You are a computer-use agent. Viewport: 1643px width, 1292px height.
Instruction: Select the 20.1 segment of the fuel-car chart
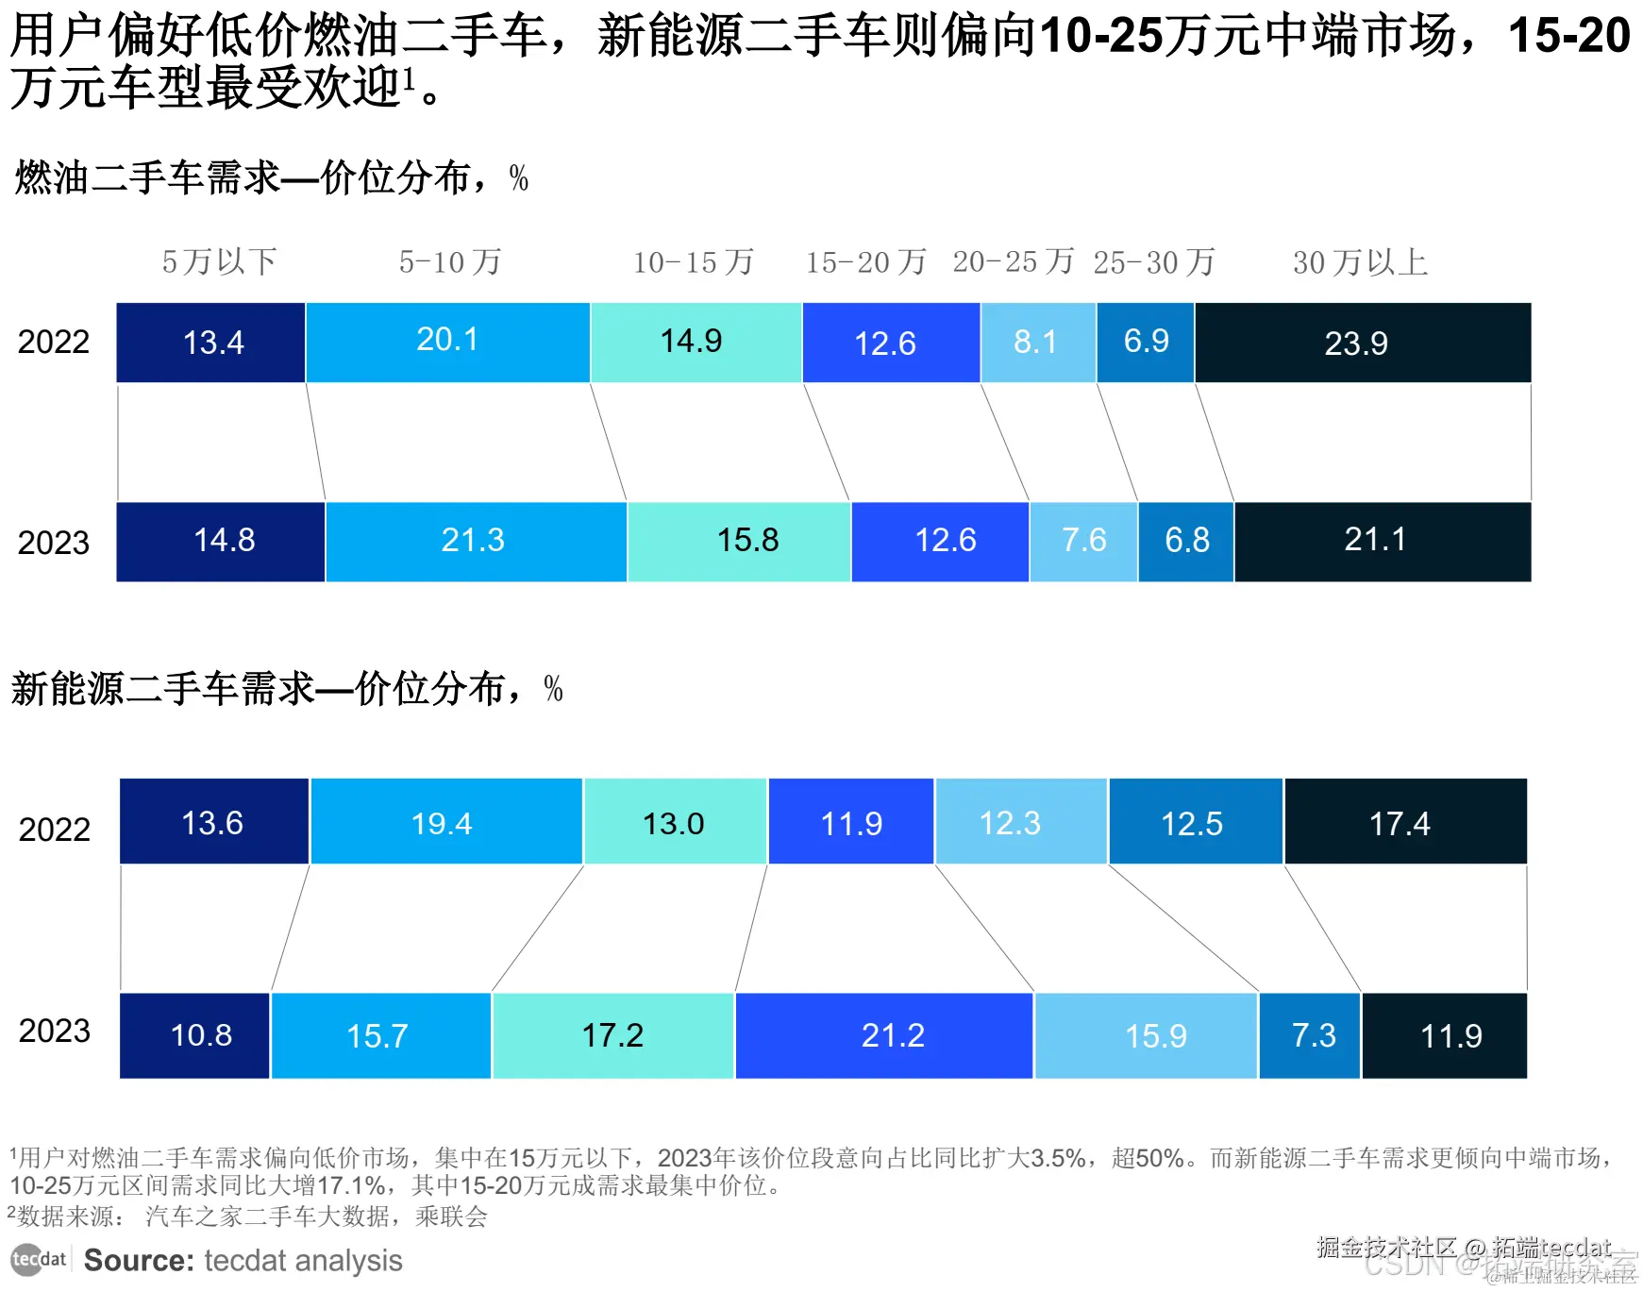(447, 341)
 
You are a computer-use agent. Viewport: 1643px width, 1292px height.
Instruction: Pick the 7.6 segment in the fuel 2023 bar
(1083, 541)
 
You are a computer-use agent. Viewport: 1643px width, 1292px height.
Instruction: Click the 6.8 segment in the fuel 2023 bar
(1186, 541)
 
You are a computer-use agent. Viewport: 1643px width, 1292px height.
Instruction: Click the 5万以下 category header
(219, 261)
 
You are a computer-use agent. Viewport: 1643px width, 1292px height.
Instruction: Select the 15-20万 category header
(865, 261)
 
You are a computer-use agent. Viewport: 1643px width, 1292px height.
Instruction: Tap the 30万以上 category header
(1360, 261)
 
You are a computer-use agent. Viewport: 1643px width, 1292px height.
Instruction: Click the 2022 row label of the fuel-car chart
(54, 342)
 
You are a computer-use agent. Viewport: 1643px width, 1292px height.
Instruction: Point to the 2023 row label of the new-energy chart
(55, 1031)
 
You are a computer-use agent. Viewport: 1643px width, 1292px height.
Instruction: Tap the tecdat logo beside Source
(38, 1259)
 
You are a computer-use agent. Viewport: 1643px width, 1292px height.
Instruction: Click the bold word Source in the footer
(139, 1261)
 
